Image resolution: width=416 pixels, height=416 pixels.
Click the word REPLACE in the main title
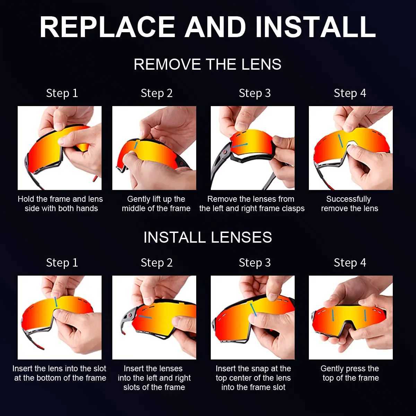107,27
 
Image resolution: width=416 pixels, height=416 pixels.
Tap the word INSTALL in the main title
315,27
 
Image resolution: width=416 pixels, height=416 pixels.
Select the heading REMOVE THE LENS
207,64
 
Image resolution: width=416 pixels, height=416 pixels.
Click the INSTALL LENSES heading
207,237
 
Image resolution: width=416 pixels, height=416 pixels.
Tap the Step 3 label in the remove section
254,93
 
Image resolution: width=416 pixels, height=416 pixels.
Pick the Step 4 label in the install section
350,263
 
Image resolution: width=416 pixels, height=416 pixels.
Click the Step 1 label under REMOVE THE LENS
62,93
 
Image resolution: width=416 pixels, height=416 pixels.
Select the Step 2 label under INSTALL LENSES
156,263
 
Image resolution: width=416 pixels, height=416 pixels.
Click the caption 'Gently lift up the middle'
156,204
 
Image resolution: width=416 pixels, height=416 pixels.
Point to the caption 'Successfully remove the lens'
349,204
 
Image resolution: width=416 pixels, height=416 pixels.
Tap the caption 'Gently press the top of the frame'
350,373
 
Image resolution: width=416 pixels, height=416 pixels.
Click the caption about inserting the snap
253,378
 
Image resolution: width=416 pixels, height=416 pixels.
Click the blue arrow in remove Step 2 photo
136,144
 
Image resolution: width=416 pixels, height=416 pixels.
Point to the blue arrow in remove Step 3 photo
240,145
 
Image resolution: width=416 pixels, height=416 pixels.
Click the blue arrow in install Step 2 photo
145,317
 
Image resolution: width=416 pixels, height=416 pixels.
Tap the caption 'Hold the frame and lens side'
60,204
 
